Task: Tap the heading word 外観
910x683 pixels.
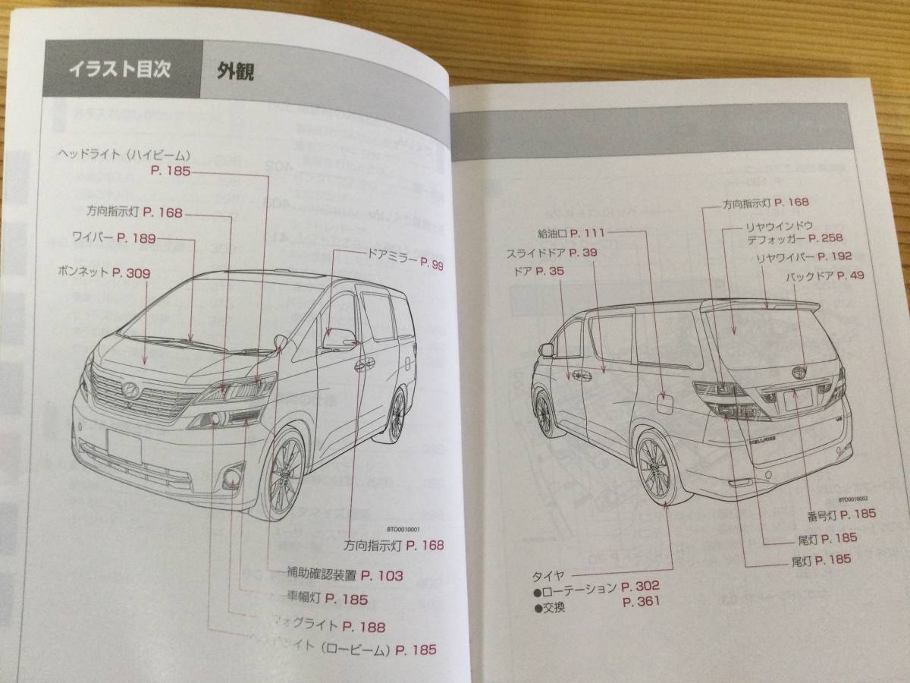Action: [234, 71]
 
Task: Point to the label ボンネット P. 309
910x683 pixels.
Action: [104, 271]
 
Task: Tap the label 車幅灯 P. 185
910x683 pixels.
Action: [325, 600]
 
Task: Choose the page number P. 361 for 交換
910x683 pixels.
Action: [641, 602]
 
